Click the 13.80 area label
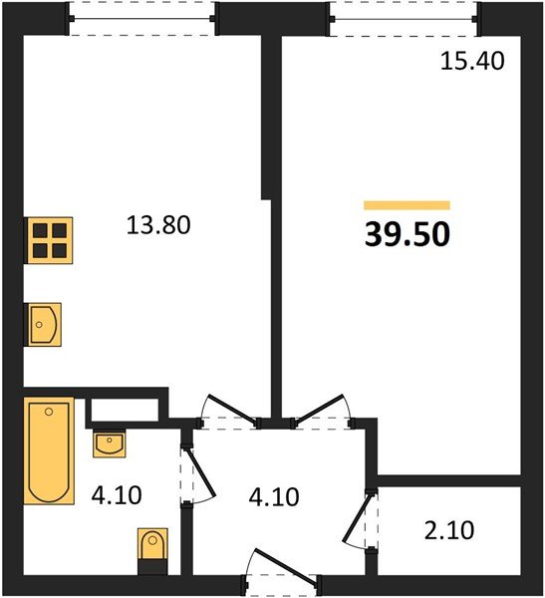tap(158, 224)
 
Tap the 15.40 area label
tap(472, 61)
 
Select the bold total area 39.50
tap(408, 234)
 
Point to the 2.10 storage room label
tap(449, 530)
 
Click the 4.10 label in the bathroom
tap(117, 495)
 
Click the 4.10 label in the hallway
tap(274, 497)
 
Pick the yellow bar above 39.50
tap(407, 205)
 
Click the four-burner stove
tap(49, 240)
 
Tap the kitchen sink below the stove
tap(43, 325)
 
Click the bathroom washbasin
tap(110, 443)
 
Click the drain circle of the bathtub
tap(49, 412)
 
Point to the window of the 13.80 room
tap(141, 19)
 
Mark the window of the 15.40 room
tap(404, 19)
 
